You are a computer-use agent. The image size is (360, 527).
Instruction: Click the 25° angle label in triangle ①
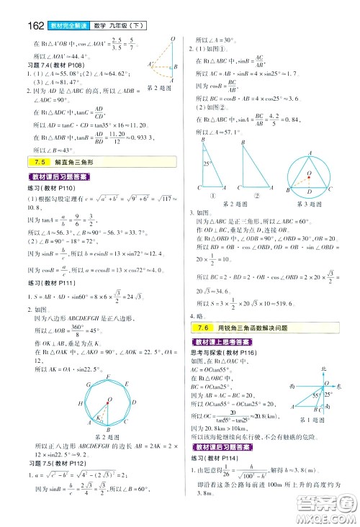[207, 165]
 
